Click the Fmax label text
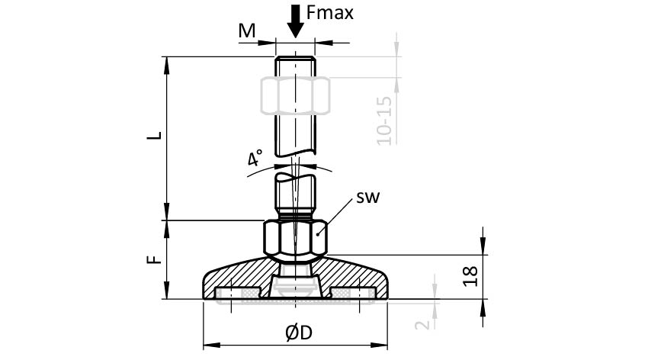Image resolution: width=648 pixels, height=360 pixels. click(x=330, y=13)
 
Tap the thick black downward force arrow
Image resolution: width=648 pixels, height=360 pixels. click(x=296, y=21)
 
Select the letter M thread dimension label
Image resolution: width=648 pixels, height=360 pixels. click(x=247, y=31)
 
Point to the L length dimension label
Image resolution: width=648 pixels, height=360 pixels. click(x=155, y=136)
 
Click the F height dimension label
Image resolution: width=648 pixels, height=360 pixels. click(x=155, y=259)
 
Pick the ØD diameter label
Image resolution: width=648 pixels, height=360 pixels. click(x=299, y=333)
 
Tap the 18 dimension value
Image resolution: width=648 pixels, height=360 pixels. click(x=470, y=276)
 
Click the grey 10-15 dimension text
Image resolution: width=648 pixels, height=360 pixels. click(x=384, y=121)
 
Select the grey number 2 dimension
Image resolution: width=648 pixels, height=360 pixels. click(x=422, y=324)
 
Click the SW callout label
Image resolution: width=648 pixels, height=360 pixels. click(x=367, y=198)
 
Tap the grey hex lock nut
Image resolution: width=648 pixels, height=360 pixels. click(x=296, y=95)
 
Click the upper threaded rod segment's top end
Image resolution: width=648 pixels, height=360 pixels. click(x=296, y=57)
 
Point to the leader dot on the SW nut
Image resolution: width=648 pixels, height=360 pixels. click(x=318, y=234)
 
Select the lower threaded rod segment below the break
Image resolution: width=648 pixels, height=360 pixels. click(x=296, y=195)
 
